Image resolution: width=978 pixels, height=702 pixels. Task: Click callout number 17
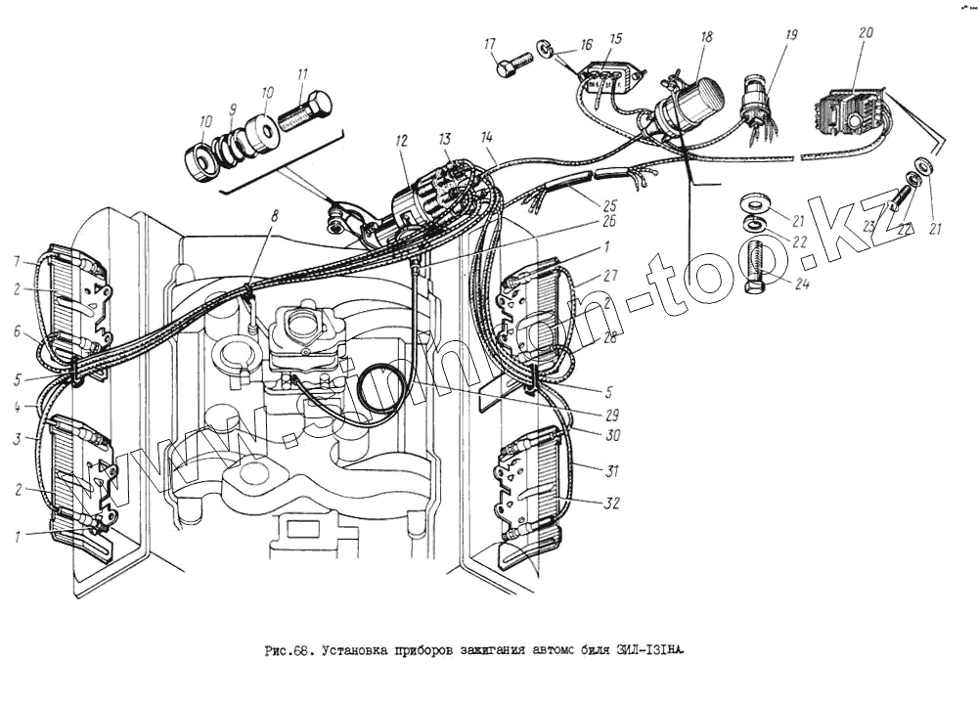pyautogui.click(x=490, y=43)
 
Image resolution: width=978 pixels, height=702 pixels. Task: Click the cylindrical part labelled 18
pyautogui.click(x=695, y=101)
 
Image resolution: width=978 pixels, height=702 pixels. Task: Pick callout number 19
pyautogui.click(x=791, y=35)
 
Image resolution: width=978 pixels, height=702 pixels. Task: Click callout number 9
pyautogui.click(x=233, y=110)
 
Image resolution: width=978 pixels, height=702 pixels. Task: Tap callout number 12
pyautogui.click(x=401, y=143)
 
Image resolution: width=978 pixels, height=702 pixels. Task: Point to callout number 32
pyautogui.click(x=612, y=505)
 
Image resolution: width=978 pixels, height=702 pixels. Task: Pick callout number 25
pyautogui.click(x=611, y=206)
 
